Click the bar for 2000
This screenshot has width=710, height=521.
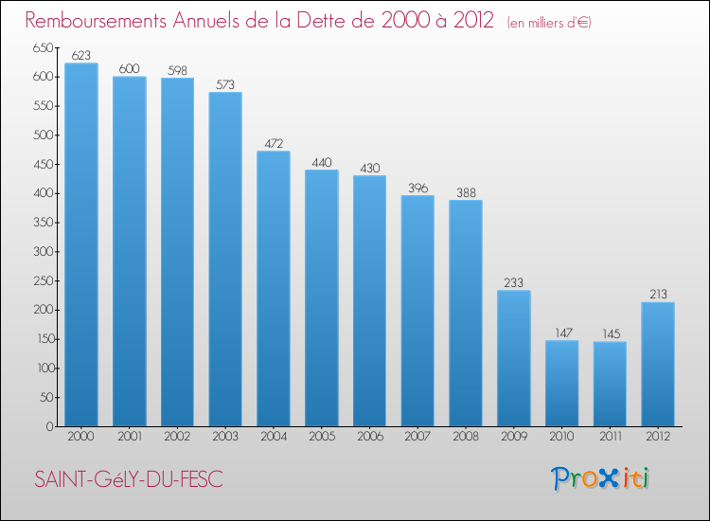(81, 244)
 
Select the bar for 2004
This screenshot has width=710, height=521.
(274, 289)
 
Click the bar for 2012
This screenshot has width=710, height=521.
(658, 364)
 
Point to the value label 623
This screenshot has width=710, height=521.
(81, 56)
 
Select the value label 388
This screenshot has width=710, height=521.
(466, 193)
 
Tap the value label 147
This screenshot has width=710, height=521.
(562, 333)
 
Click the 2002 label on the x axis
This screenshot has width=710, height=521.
(177, 438)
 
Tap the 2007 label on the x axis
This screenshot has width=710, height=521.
(417, 438)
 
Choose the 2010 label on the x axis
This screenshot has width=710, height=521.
(562, 438)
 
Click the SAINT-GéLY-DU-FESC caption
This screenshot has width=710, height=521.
(128, 480)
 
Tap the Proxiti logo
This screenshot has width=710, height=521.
(601, 478)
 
